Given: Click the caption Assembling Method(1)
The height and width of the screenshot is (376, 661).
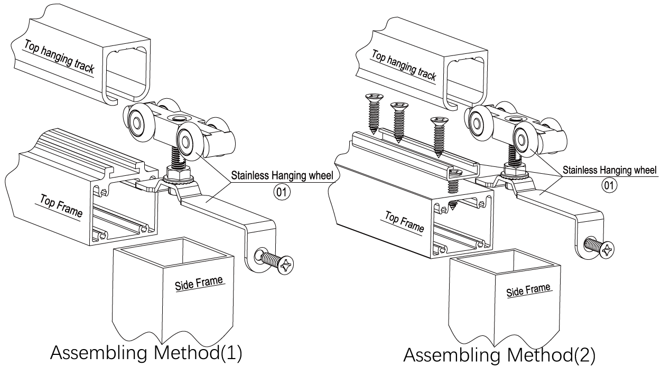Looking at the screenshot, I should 146,353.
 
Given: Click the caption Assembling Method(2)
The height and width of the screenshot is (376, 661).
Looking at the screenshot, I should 499,355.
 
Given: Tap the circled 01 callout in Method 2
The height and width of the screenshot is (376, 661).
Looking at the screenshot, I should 609,185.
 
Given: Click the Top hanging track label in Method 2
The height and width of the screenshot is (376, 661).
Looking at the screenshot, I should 404,66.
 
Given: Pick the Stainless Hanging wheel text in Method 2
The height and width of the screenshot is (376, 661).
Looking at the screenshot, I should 609,171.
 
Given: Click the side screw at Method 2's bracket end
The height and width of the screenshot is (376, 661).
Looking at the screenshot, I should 601,247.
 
